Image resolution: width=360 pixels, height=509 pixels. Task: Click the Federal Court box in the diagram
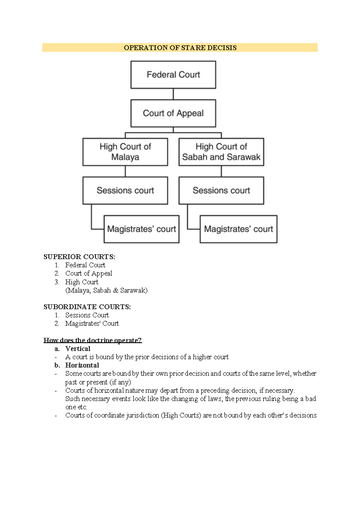tap(173, 75)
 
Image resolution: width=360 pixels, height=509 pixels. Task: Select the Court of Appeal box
tap(173, 113)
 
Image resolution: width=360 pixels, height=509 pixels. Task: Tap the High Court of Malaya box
tap(125, 152)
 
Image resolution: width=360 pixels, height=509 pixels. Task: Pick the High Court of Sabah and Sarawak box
tap(221, 152)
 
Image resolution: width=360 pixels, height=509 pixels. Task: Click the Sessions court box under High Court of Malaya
tap(125, 190)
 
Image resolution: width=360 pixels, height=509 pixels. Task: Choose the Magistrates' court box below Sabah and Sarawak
tap(238, 229)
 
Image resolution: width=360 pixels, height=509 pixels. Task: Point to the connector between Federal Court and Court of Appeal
tap(173, 94)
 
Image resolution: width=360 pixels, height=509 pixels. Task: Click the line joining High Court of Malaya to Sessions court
tap(125, 171)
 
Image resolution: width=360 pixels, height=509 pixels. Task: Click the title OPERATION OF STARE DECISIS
tap(180, 48)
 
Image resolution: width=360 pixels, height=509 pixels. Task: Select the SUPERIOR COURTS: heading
tap(79, 257)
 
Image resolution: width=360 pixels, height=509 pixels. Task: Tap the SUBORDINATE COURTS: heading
tap(87, 307)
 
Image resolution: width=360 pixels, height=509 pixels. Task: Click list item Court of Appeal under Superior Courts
tap(88, 273)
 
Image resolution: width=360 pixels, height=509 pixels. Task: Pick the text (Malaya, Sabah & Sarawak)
tap(106, 290)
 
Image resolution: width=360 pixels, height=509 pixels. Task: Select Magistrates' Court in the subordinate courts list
tap(92, 323)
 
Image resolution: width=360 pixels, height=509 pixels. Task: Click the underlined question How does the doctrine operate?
tap(92, 340)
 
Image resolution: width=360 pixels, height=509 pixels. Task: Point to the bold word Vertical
tap(78, 349)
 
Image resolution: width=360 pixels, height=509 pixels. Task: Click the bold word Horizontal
tap(82, 365)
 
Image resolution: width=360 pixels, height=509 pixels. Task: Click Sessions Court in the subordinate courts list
tap(87, 315)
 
